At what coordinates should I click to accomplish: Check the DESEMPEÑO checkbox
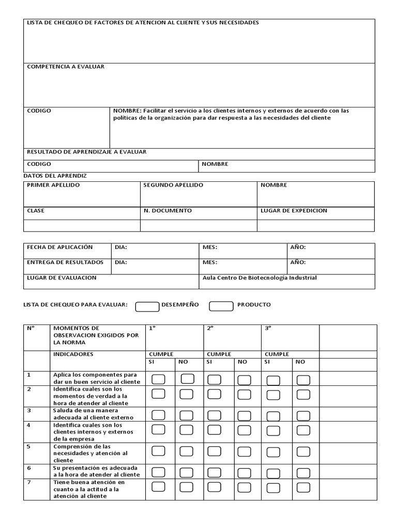(147, 306)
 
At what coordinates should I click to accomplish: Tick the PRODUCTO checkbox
(221, 306)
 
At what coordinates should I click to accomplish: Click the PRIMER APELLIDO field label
(53, 185)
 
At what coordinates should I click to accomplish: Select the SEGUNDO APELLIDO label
(173, 185)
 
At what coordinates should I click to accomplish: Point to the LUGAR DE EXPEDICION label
(294, 211)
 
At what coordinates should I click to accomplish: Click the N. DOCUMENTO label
(167, 211)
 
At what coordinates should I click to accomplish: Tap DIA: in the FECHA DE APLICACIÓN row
(121, 247)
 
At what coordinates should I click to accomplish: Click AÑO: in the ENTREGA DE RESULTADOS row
(298, 262)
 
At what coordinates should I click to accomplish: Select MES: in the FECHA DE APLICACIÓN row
(209, 247)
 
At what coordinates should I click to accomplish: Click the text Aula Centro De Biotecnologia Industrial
(259, 278)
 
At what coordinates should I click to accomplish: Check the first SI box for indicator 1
(158, 380)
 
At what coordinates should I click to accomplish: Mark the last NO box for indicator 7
(303, 487)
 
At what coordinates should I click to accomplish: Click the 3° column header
(268, 328)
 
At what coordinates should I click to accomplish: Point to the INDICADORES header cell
(73, 354)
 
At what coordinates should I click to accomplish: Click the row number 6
(29, 468)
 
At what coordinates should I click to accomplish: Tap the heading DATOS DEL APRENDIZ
(55, 176)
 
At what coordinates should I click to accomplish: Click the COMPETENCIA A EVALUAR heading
(66, 67)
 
